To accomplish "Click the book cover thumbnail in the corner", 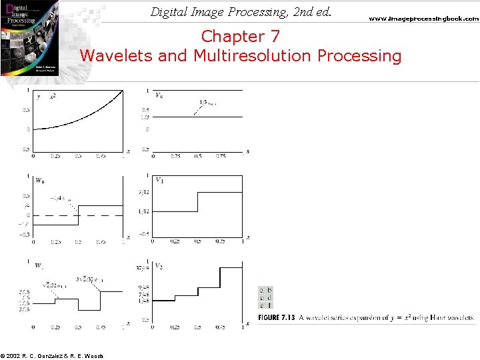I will point(29,37).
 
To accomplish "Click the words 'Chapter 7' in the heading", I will point(241,36).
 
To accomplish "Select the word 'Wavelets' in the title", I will point(117,56).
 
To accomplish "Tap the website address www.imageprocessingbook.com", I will point(424,19).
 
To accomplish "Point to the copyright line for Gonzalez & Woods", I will point(52,355).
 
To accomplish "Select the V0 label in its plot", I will point(160,95).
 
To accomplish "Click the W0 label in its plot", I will point(40,181).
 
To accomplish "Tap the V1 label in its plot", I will point(160,180).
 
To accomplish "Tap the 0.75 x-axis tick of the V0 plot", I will point(220,156).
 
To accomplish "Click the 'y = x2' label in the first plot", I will point(47,97).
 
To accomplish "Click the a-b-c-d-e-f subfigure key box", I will point(265,297).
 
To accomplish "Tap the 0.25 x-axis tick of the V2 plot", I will point(175,328).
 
